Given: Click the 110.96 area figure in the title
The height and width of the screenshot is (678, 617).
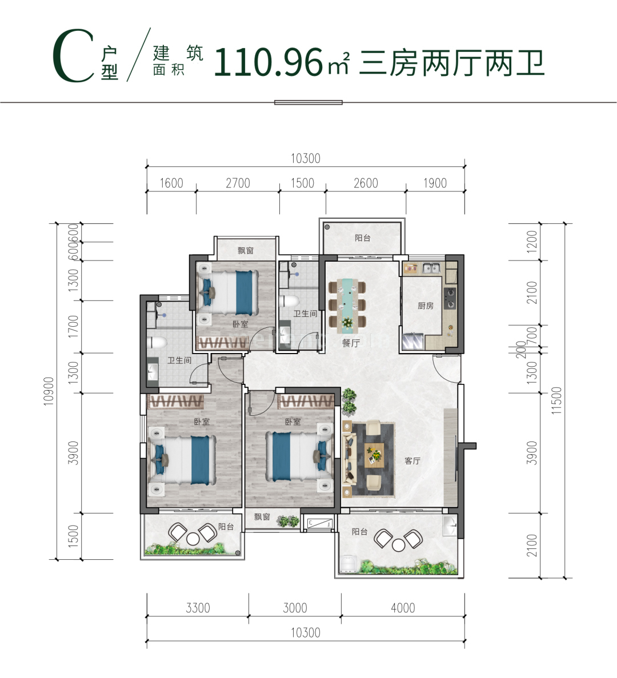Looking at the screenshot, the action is click(x=269, y=62).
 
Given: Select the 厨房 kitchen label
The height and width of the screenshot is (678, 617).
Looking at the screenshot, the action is click(x=426, y=306).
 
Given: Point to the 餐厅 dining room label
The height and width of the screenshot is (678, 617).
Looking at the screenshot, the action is click(x=351, y=343).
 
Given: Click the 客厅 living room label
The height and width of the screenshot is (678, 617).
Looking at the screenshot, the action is click(x=412, y=461).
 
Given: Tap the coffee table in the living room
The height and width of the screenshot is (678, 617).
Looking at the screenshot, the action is click(x=374, y=455).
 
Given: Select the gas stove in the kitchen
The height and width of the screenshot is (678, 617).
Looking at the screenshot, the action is click(x=450, y=298).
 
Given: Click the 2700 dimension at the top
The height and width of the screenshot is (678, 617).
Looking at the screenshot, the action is click(x=238, y=183).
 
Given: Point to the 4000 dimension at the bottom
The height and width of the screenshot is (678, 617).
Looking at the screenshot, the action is click(x=403, y=608).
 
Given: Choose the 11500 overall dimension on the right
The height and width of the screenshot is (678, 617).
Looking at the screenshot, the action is click(x=557, y=400).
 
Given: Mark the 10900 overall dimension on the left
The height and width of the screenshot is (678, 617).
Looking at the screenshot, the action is click(x=49, y=391).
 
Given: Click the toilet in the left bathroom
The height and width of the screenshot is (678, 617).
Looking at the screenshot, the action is click(x=157, y=343).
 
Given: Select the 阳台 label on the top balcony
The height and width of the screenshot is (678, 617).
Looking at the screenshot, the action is click(x=363, y=238).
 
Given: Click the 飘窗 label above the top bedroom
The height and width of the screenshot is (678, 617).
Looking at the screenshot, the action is click(x=246, y=250).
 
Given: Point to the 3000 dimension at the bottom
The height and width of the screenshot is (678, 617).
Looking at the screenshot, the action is click(x=295, y=608).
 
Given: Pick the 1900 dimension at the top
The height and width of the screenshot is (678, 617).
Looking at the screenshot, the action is click(x=435, y=183).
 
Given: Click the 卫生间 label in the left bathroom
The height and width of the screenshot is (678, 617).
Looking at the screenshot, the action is click(x=179, y=360).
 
